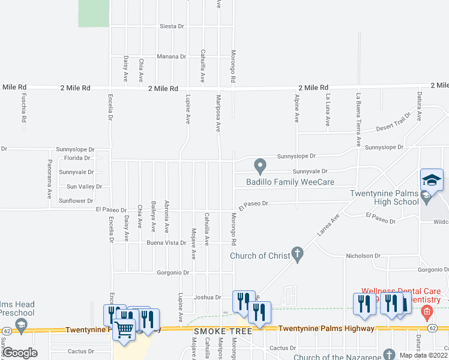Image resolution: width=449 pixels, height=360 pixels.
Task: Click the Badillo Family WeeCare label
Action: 290,182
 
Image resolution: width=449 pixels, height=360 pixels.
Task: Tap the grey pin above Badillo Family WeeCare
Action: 260,164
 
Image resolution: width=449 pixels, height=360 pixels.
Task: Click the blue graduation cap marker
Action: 432,180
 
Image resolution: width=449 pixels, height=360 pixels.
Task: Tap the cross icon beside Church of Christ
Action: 297,254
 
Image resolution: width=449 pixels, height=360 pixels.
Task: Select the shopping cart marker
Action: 124,329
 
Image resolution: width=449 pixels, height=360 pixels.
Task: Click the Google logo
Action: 20,353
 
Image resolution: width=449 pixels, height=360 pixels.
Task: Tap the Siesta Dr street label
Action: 172,27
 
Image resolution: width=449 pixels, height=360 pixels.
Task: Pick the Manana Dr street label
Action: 171,56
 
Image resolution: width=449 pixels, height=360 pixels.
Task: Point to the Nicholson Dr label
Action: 362,256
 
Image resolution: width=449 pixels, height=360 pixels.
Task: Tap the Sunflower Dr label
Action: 77,201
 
